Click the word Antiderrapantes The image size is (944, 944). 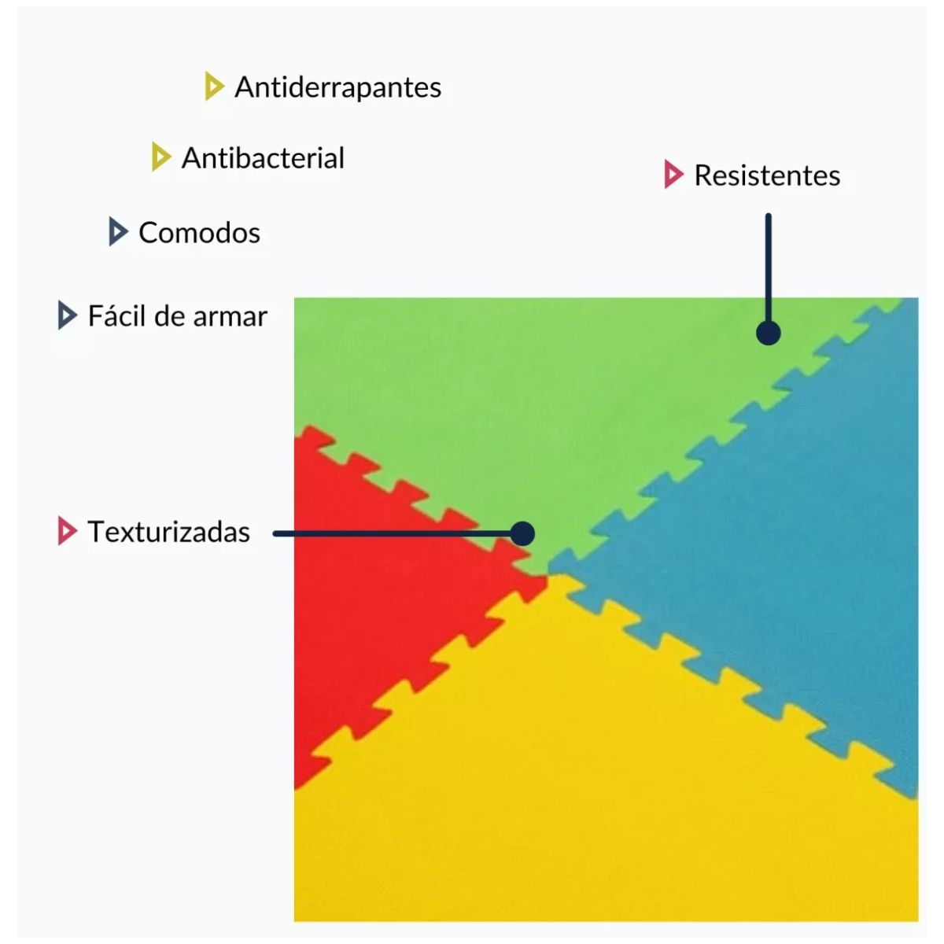pyautogui.click(x=337, y=87)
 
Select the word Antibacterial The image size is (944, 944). pyautogui.click(x=263, y=158)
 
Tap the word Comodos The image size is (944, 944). pyautogui.click(x=199, y=233)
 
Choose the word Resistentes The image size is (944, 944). pyautogui.click(x=767, y=175)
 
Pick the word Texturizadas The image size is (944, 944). pyautogui.click(x=168, y=532)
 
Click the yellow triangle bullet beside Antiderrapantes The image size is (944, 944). pyautogui.click(x=213, y=87)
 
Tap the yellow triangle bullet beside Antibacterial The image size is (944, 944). pyautogui.click(x=160, y=157)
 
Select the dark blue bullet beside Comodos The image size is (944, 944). pyautogui.click(x=117, y=232)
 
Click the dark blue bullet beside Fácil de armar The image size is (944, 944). pyautogui.click(x=67, y=315)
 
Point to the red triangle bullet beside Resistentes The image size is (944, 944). pyautogui.click(x=673, y=175)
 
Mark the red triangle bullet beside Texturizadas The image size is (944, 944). pyautogui.click(x=67, y=532)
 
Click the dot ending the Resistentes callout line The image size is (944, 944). pyautogui.click(x=768, y=333)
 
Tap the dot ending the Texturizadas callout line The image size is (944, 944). pyautogui.click(x=522, y=533)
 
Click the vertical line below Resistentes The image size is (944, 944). pyautogui.click(x=768, y=267)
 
